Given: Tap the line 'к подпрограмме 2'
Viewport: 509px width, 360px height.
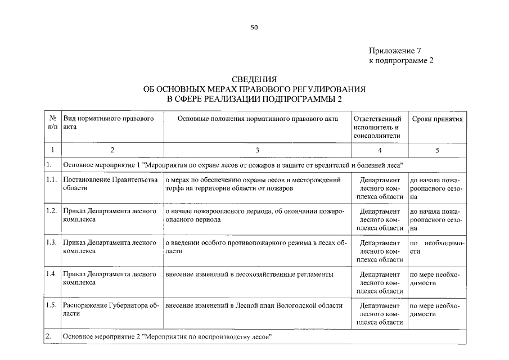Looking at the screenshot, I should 401,60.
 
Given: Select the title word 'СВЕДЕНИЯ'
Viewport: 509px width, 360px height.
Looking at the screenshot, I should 254,79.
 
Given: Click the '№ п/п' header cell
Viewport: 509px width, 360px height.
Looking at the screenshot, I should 52,123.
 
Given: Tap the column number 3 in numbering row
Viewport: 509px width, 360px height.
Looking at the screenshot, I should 257,150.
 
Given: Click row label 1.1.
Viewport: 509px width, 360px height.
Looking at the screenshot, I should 52,179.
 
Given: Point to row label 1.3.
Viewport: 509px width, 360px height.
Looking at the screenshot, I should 52,242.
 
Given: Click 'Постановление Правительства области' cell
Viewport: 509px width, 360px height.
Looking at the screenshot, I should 110,183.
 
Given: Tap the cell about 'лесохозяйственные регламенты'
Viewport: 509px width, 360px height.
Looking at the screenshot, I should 249,274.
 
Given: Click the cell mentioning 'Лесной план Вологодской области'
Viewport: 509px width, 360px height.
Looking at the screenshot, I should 254,305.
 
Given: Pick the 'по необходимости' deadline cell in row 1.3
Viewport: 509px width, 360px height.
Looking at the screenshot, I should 437,247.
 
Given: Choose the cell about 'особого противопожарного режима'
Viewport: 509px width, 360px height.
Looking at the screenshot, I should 257,247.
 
